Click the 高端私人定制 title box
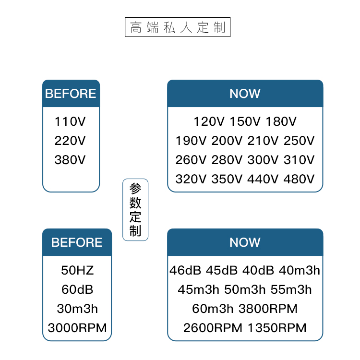(x=178, y=27)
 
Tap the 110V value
(x=70, y=121)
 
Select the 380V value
(x=70, y=160)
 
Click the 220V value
(x=70, y=141)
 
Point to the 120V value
(x=209, y=121)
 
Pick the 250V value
(x=299, y=141)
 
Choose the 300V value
(x=263, y=160)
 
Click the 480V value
(x=299, y=179)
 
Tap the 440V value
(x=263, y=179)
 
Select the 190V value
(x=191, y=141)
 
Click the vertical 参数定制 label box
(x=135, y=210)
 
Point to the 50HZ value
(x=77, y=270)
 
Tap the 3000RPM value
(x=77, y=328)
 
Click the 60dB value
(x=77, y=289)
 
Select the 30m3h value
(x=77, y=309)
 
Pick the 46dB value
(x=186, y=270)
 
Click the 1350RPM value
(x=277, y=328)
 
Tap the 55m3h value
(x=291, y=289)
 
